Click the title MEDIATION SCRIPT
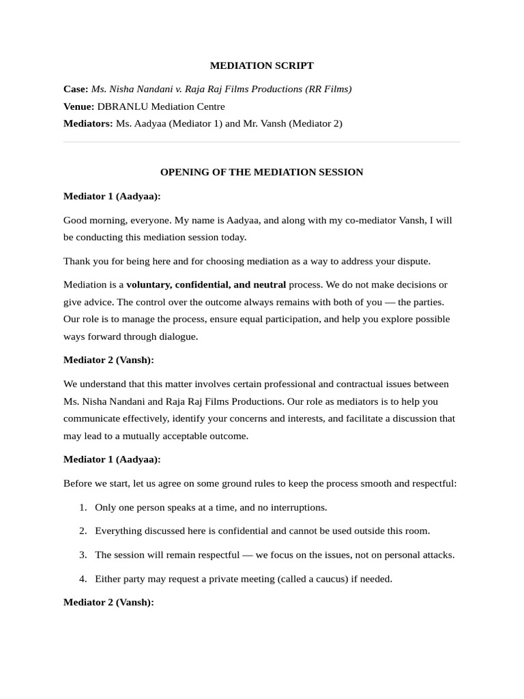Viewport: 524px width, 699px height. pos(261,66)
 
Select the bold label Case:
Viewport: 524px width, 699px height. pos(76,89)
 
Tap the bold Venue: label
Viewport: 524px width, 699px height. pos(78,106)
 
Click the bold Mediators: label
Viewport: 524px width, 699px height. pos(88,124)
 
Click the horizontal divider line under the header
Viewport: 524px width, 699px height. pos(261,142)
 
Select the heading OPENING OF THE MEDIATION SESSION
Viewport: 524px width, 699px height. pos(261,172)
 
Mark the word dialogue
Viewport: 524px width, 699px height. pos(179,337)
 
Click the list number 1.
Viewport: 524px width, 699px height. pos(83,507)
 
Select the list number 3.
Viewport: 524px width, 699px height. pos(83,555)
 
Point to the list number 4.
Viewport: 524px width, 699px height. pos(83,579)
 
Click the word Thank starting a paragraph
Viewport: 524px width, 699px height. pos(76,261)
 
